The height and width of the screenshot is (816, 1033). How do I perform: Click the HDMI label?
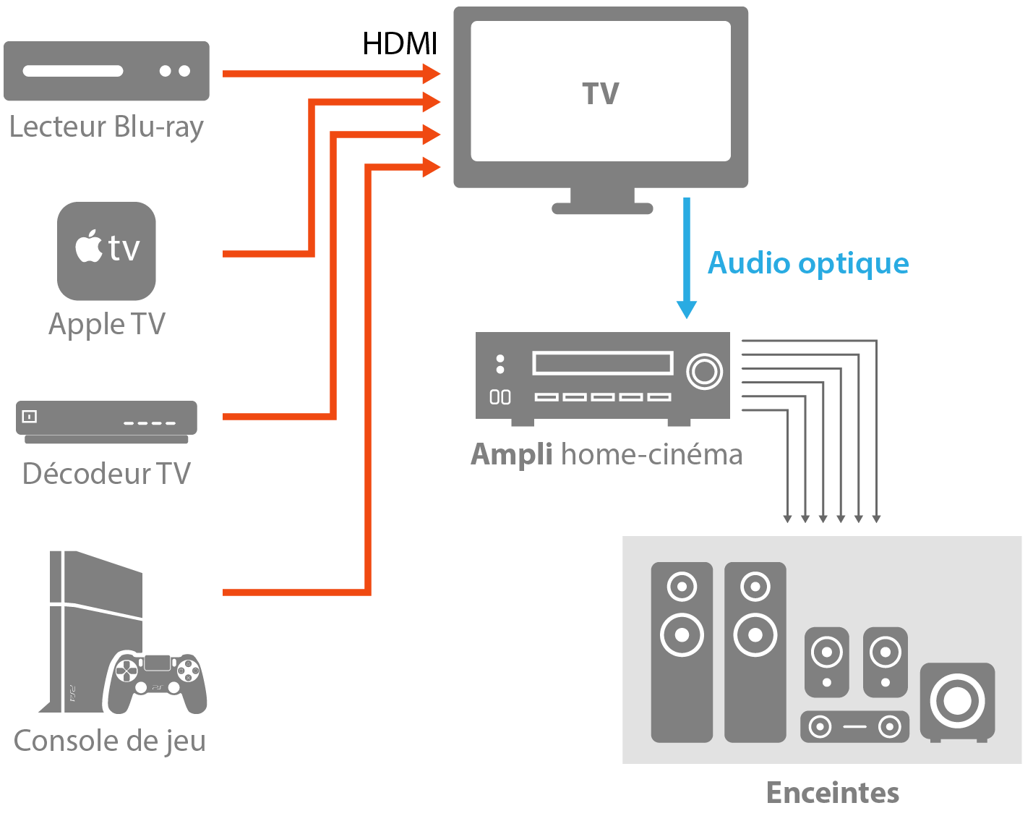click(x=400, y=44)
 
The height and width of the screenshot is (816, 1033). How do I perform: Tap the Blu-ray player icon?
click(x=106, y=71)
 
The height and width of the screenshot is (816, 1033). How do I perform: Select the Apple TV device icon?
click(x=106, y=251)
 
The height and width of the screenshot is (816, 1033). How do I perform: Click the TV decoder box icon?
click(x=106, y=422)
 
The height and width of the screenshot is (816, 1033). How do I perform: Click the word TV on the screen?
click(x=601, y=94)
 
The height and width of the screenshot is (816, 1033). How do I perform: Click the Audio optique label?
click(x=808, y=263)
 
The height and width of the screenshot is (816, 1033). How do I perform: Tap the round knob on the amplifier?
click(x=704, y=372)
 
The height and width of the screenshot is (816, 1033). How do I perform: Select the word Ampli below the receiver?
click(x=512, y=455)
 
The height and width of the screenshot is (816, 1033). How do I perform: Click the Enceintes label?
click(x=833, y=793)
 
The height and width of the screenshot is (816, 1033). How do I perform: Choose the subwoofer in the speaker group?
click(x=957, y=702)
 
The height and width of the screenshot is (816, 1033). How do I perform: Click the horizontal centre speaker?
click(x=854, y=726)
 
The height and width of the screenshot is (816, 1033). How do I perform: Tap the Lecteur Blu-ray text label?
click(x=106, y=127)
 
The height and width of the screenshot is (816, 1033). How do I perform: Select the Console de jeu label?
click(x=110, y=741)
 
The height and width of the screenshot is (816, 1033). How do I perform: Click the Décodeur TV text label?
click(x=106, y=474)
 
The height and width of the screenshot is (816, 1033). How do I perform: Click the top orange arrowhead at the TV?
click(x=432, y=73)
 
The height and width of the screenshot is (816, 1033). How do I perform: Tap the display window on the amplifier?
click(x=602, y=363)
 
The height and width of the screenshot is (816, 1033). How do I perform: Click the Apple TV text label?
click(x=107, y=324)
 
